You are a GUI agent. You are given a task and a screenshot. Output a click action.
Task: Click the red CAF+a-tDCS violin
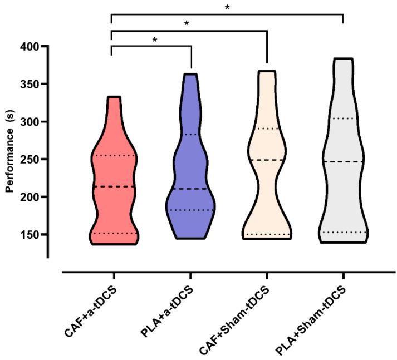coord(114,167)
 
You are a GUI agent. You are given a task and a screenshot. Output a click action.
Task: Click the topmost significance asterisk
coord(227,8)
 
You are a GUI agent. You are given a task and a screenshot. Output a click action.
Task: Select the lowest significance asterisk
coord(154,41)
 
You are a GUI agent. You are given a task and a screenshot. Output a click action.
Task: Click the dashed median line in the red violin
coord(114,186)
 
